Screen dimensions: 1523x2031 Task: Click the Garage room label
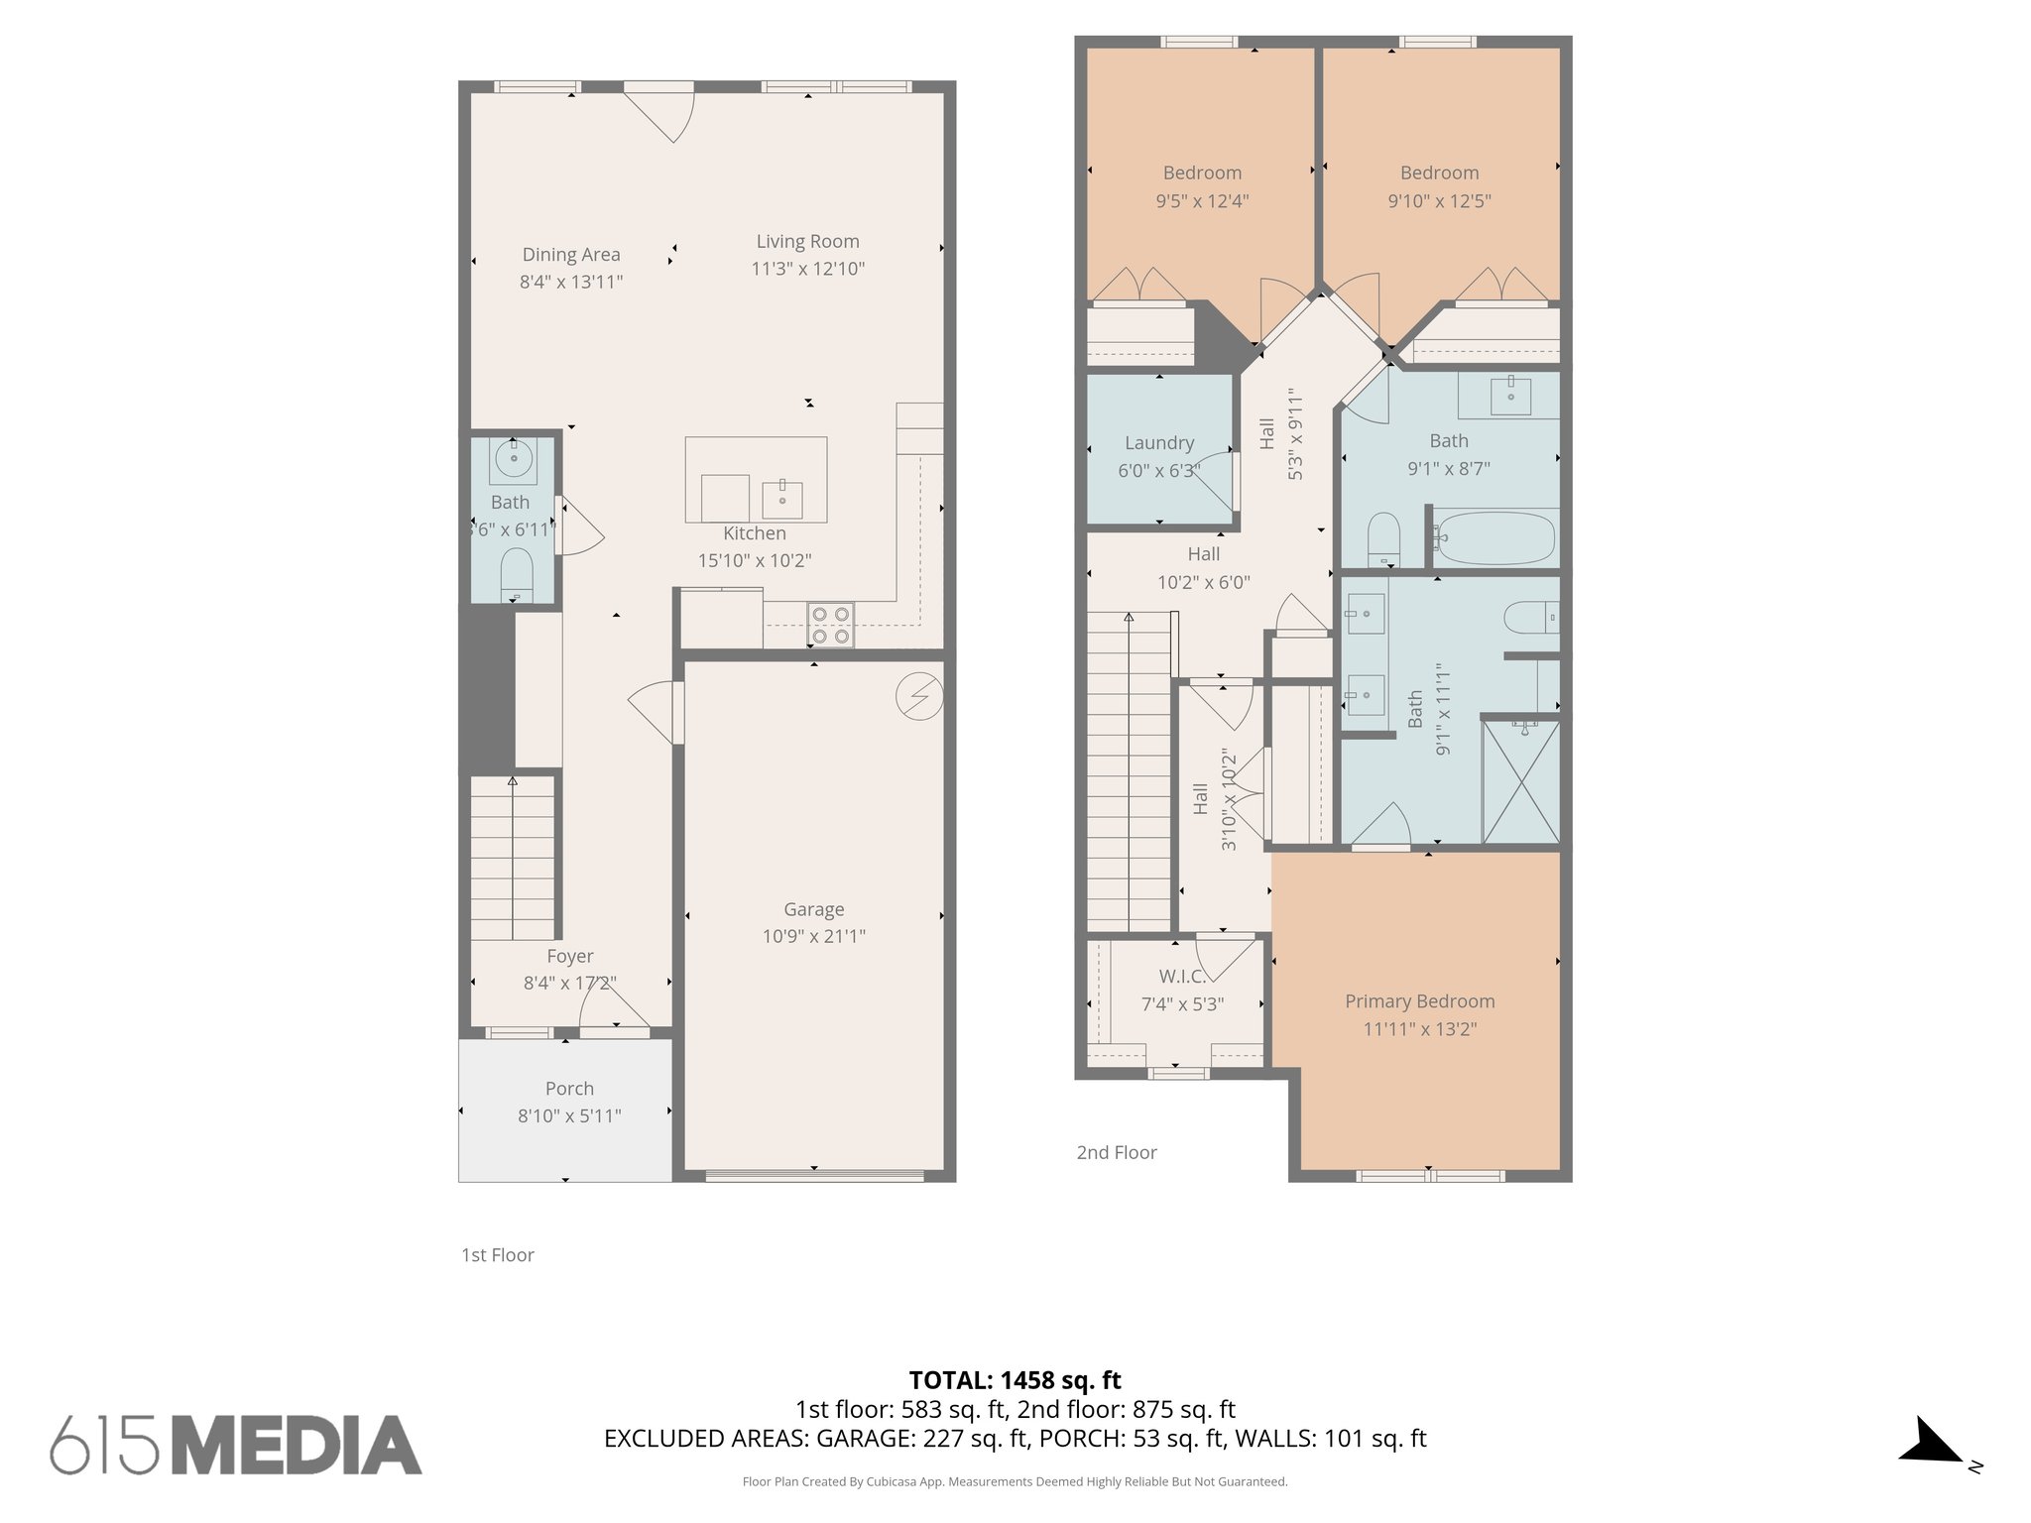pyautogui.click(x=813, y=909)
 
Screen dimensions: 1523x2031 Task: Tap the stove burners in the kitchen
pyautogui.click(x=831, y=625)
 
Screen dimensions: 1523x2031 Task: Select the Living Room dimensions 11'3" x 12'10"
pyautogui.click(x=807, y=269)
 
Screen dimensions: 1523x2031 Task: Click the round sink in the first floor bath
pyautogui.click(x=514, y=458)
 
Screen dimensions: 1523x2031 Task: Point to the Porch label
pyautogui.click(x=569, y=1089)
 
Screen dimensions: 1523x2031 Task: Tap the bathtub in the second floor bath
pyautogui.click(x=1493, y=537)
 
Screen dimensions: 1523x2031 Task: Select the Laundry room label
pyautogui.click(x=1158, y=443)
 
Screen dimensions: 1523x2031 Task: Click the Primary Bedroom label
pyautogui.click(x=1419, y=1001)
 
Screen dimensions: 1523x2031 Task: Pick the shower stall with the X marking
pyautogui.click(x=1520, y=783)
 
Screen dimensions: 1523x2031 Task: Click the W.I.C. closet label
pyautogui.click(x=1182, y=977)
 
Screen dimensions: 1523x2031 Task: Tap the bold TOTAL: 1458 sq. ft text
pyautogui.click(x=1015, y=1380)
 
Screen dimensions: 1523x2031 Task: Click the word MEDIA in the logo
pyautogui.click(x=303, y=1446)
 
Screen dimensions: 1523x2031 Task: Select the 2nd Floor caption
pyautogui.click(x=1117, y=1152)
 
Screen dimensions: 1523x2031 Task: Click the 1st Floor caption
pyautogui.click(x=498, y=1255)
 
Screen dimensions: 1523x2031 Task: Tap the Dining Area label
pyautogui.click(x=571, y=255)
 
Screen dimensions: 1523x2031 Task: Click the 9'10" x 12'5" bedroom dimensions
pyautogui.click(x=1439, y=201)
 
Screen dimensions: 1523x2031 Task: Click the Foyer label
pyautogui.click(x=570, y=957)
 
